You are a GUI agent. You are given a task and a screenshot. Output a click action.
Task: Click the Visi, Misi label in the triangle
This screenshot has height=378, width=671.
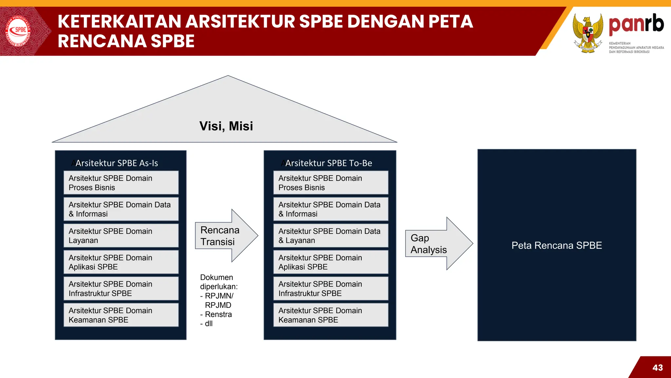[x=226, y=126]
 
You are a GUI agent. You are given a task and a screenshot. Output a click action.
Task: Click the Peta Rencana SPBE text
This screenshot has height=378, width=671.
[x=557, y=245]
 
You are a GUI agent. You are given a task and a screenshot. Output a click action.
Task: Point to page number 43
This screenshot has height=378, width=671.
[x=657, y=367]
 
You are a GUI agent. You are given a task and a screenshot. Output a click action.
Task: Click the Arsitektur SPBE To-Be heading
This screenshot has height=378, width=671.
[x=328, y=163]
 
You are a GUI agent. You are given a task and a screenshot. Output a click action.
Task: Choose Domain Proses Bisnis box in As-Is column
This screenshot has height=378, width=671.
[x=121, y=183]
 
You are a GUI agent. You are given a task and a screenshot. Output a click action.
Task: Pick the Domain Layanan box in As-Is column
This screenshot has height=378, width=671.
[x=121, y=236]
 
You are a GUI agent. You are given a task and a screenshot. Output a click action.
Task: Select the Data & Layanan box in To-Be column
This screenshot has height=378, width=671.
[x=331, y=236]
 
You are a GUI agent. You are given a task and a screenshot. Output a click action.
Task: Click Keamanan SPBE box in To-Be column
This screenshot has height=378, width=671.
[x=331, y=315]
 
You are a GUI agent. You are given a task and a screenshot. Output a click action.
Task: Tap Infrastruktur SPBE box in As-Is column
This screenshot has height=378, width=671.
[x=121, y=288]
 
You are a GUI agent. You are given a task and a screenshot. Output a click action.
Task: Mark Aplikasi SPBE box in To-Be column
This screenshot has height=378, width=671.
[x=331, y=262]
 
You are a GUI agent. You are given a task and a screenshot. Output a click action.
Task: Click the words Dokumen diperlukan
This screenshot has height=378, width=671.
[x=219, y=282]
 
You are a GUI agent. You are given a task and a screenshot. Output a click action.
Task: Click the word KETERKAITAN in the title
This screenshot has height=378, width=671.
[x=119, y=22]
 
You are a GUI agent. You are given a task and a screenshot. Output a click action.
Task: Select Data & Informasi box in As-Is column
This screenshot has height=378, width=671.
[x=121, y=209]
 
